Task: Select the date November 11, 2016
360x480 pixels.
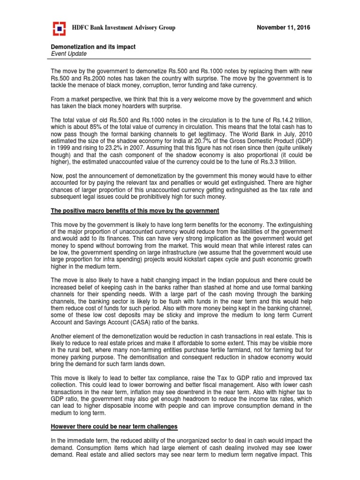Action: click(284, 28)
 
